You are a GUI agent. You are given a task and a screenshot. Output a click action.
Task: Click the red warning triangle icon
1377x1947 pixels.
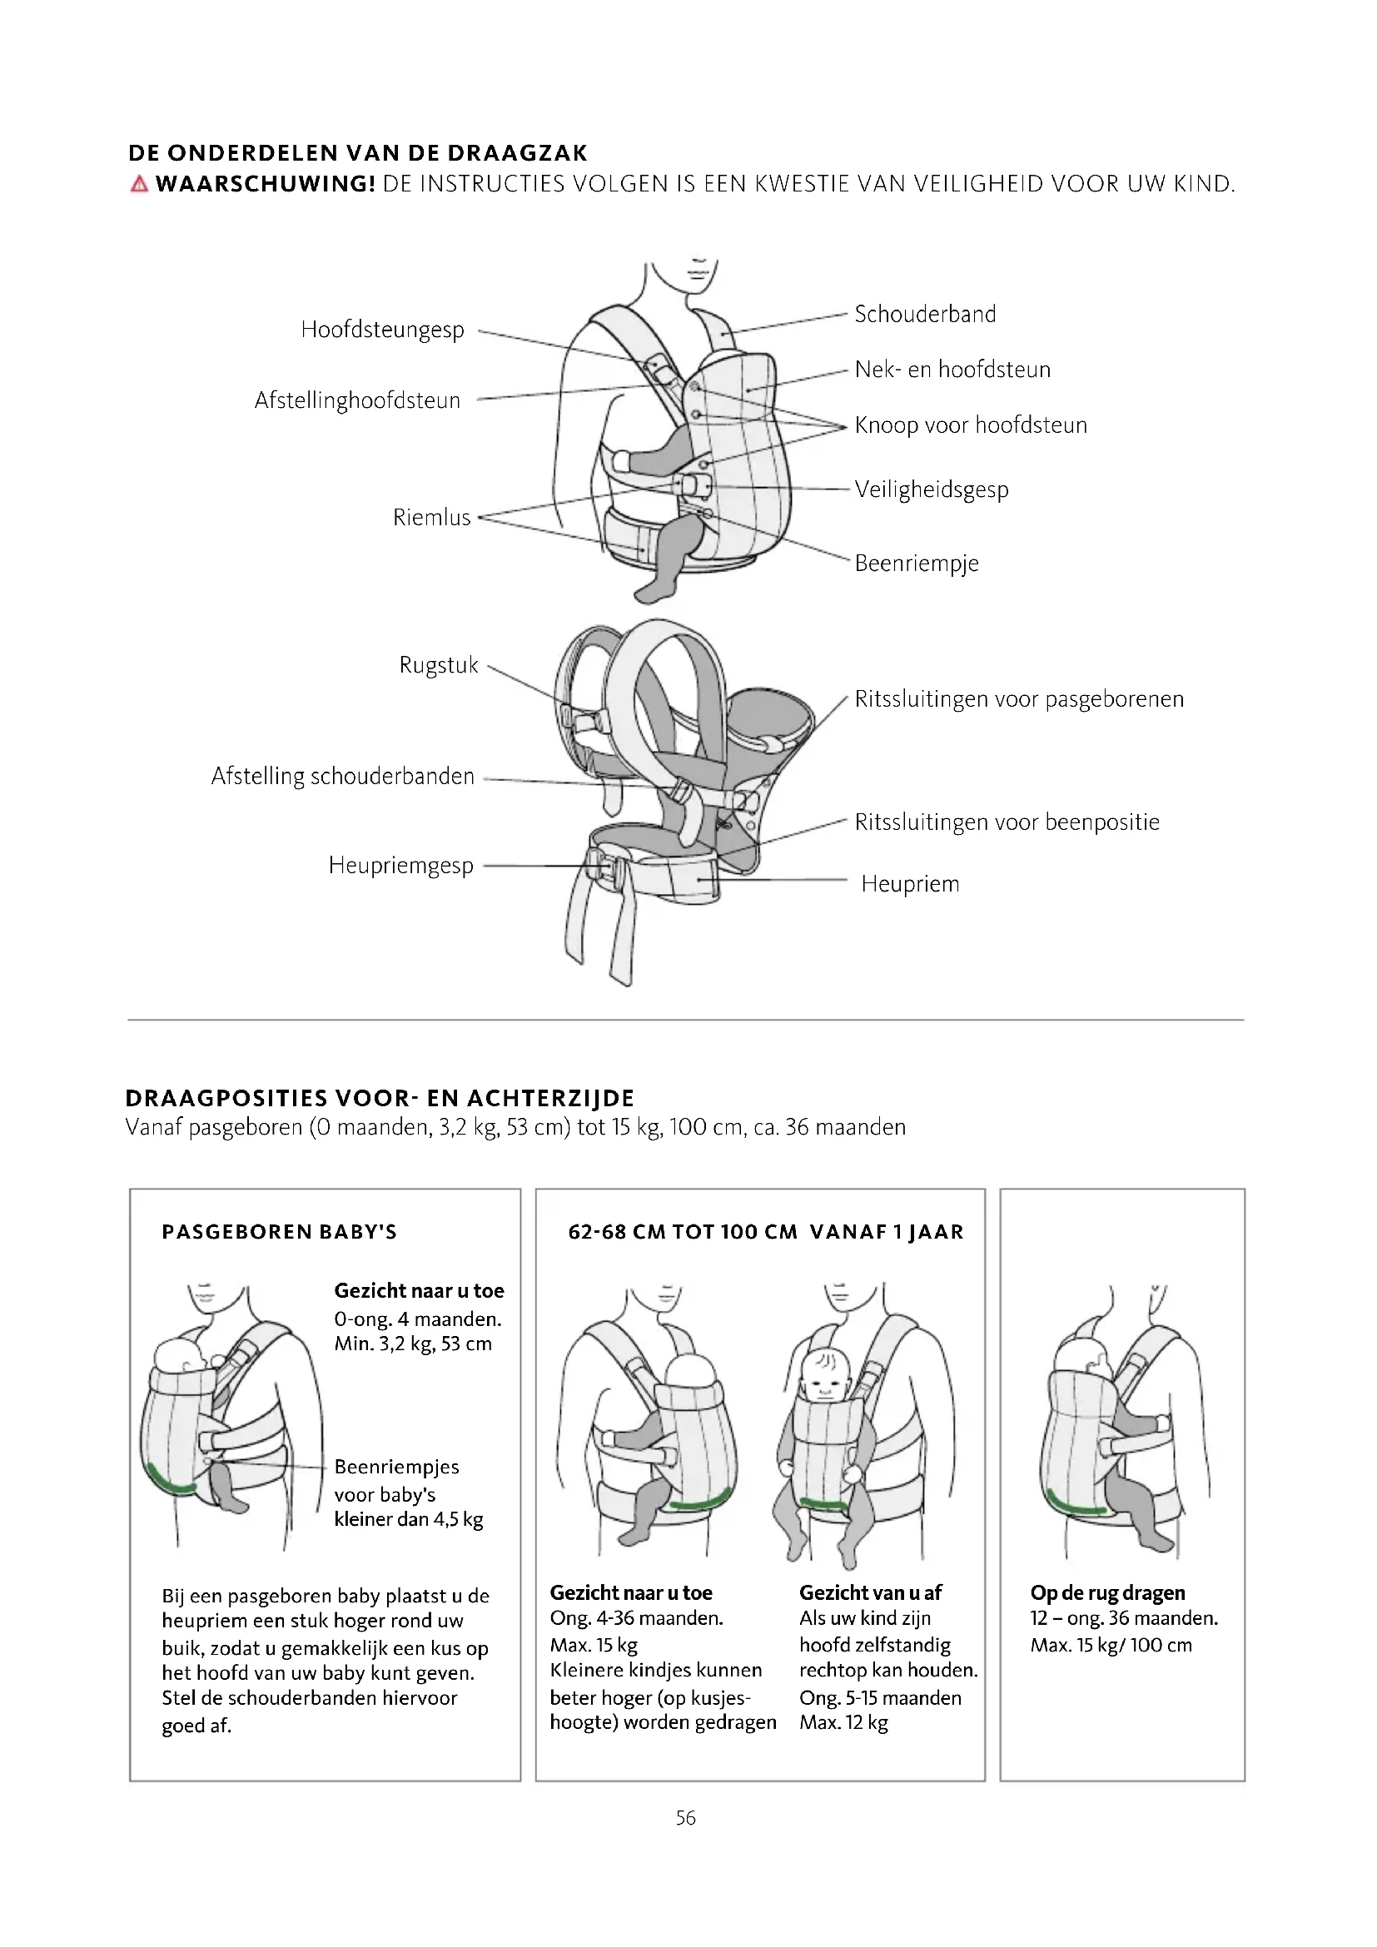[139, 184]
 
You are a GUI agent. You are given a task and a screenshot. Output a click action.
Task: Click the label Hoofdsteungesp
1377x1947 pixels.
[381, 330]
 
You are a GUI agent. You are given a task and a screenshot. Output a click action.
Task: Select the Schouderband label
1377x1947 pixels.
[924, 315]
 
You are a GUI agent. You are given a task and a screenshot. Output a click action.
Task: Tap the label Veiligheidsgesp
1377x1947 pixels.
[931, 489]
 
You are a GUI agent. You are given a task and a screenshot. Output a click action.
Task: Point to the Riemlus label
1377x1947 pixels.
[430, 517]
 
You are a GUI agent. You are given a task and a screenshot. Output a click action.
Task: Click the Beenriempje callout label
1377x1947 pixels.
[916, 563]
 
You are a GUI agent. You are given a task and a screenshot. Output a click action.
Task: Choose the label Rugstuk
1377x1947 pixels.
[439, 665]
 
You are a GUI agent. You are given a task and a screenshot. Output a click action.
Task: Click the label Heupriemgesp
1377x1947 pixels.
[400, 866]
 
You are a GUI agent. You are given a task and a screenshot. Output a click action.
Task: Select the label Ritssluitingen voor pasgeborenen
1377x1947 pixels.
[1018, 699]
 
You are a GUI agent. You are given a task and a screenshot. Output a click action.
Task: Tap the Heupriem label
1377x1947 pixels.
[909, 884]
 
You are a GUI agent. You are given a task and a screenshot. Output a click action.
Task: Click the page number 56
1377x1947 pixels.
[685, 1817]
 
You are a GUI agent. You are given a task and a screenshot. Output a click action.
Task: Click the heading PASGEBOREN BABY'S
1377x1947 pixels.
[279, 1232]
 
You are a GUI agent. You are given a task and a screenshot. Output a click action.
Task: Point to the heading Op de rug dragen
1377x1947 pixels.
[1106, 1592]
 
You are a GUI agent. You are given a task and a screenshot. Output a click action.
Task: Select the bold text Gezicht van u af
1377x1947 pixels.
[870, 1592]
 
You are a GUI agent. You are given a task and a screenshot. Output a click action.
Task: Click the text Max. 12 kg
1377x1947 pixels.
[843, 1722]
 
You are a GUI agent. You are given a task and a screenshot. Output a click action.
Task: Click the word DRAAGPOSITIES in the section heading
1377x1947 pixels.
[226, 1099]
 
